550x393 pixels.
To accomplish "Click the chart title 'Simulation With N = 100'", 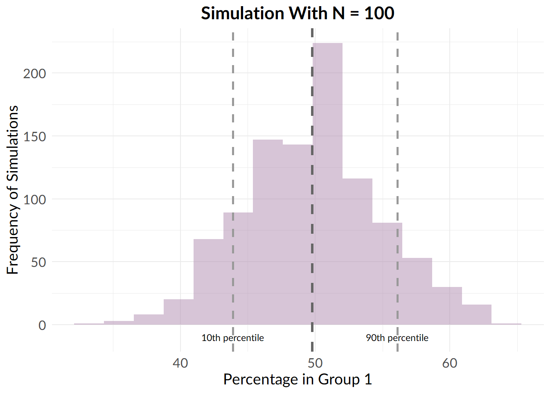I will coord(298,14).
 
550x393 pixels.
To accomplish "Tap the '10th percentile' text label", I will coord(232,338).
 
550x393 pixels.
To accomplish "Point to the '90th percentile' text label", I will coord(397,338).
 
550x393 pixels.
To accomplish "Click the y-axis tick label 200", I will coord(34,74).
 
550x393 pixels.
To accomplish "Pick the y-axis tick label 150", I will coord(34,137).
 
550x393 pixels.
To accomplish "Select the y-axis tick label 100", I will coord(34,200).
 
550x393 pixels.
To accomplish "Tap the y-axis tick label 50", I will coord(38,262).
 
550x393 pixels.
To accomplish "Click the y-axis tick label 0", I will coord(42,325).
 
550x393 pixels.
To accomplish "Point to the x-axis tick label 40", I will coord(180,363).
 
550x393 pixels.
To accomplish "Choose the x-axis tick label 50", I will coord(315,363).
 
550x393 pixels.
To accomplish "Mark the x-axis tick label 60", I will coord(449,363).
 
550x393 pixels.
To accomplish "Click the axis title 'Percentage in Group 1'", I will coord(298,379).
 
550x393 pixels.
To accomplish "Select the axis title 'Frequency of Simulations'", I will coord(13,190).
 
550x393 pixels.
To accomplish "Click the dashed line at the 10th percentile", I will coord(233,123).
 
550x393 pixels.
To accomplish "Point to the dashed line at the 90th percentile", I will coord(397,123).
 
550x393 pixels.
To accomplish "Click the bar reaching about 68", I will coord(208,282).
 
